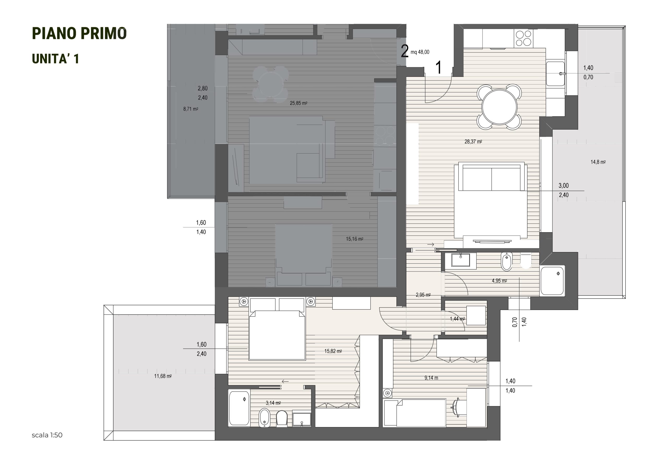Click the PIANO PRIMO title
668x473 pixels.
pyautogui.click(x=79, y=33)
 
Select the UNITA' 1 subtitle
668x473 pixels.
pyautogui.click(x=55, y=59)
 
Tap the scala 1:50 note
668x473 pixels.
pyautogui.click(x=47, y=435)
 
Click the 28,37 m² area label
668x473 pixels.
pyautogui.click(x=473, y=142)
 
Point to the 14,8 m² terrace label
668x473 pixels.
pyautogui.click(x=598, y=162)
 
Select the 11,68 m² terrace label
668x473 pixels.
pyautogui.click(x=163, y=376)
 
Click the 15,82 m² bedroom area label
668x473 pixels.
pyautogui.click(x=333, y=351)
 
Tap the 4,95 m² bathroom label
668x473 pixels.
pyautogui.click(x=499, y=281)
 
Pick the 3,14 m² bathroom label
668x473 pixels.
pyautogui.click(x=273, y=403)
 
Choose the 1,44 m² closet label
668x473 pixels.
pyautogui.click(x=457, y=319)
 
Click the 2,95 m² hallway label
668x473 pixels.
pyautogui.click(x=423, y=295)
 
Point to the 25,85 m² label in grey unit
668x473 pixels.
pyautogui.click(x=299, y=103)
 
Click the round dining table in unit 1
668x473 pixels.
pyautogui.click(x=499, y=107)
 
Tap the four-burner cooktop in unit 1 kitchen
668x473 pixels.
pyautogui.click(x=523, y=39)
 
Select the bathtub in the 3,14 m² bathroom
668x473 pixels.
pyautogui.click(x=239, y=408)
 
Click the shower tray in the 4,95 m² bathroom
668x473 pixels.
pyautogui.click(x=552, y=281)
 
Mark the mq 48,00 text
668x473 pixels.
pyautogui.click(x=420, y=52)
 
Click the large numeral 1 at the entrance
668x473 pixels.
pyautogui.click(x=438, y=67)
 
